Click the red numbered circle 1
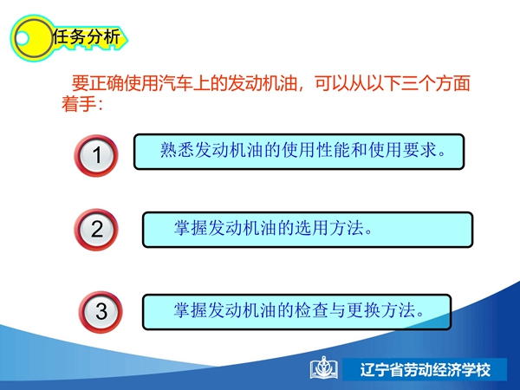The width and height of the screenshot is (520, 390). (x=96, y=155)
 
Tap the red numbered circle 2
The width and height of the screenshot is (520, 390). (x=96, y=230)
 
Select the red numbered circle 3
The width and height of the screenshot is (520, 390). (x=101, y=312)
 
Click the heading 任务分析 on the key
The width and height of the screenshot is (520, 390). (x=86, y=36)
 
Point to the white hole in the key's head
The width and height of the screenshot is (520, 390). (x=22, y=38)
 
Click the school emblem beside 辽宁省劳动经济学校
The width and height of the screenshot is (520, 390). (x=324, y=368)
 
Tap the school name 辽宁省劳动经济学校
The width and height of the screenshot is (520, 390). (x=426, y=370)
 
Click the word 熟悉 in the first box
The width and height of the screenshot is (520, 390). (x=177, y=150)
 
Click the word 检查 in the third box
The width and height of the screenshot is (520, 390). (x=311, y=310)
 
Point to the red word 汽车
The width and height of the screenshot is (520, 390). (x=175, y=83)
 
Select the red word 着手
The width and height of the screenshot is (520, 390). (x=79, y=104)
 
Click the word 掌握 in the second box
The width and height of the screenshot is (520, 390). (x=191, y=228)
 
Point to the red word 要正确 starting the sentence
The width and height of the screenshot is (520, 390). (x=97, y=83)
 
